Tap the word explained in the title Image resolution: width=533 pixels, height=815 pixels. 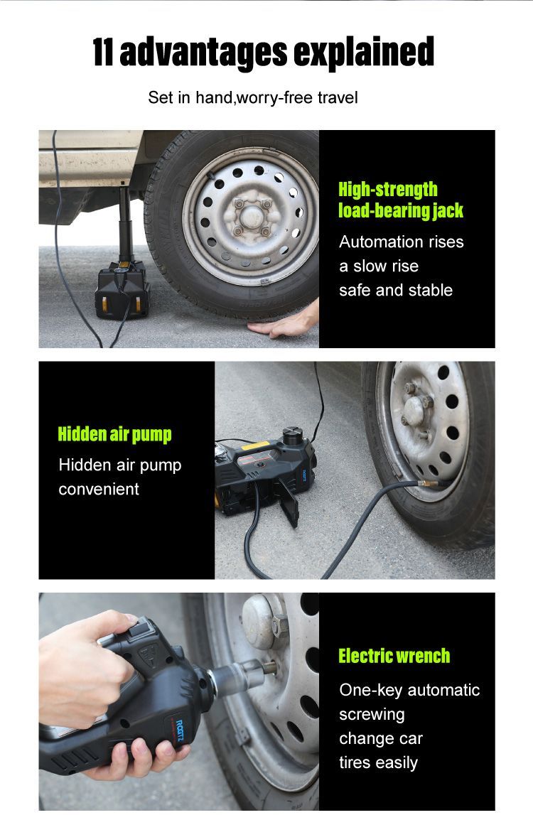[363, 52]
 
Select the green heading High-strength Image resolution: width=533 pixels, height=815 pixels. [388, 189]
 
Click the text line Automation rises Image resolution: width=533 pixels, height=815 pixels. [402, 242]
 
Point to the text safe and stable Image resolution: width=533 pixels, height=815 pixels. [396, 290]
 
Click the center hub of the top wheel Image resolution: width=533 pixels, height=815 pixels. [252, 216]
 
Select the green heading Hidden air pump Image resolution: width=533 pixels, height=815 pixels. [114, 434]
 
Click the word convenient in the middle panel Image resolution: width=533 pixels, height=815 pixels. [99, 489]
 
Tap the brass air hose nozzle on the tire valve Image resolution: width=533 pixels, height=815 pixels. [429, 484]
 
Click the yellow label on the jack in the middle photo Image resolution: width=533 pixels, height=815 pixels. [256, 446]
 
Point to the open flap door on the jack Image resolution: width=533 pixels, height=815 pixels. [289, 502]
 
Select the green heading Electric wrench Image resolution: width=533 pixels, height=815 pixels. [394, 656]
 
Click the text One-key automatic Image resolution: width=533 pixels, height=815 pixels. [410, 690]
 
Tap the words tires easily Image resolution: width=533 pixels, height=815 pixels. [379, 762]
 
